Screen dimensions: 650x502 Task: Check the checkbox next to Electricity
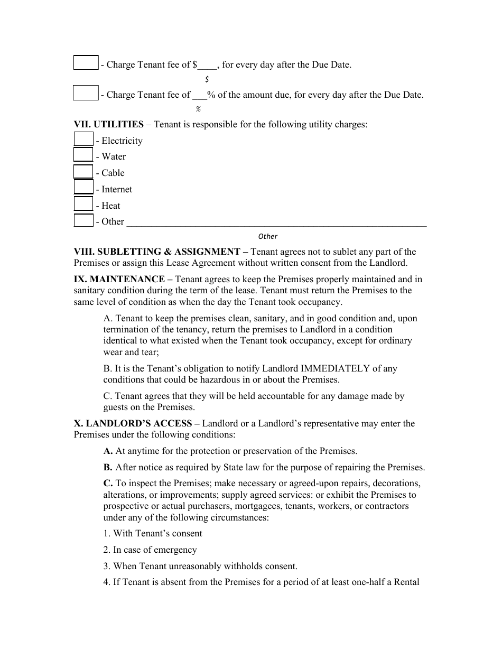point(83,140)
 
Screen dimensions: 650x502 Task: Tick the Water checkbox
point(83,155)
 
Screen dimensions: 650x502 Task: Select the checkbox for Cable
point(83,172)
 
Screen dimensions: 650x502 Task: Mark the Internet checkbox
point(83,188)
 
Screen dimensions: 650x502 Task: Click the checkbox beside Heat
point(83,204)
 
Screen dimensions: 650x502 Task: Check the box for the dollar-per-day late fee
point(86,63)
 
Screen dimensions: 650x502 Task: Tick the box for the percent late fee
point(86,94)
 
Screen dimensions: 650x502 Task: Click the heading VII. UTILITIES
point(108,125)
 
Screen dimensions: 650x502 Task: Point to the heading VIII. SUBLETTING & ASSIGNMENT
point(157,252)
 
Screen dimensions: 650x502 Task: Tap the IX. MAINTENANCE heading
point(119,279)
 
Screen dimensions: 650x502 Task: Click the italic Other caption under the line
point(268,237)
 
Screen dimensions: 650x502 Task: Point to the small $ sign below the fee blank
point(207,79)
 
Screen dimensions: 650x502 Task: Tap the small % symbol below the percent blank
point(198,109)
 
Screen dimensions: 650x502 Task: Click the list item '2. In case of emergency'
point(150,550)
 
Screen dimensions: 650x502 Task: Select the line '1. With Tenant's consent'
point(153,533)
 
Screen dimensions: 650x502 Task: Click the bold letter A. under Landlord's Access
point(108,451)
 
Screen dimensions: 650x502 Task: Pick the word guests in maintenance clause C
point(116,407)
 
